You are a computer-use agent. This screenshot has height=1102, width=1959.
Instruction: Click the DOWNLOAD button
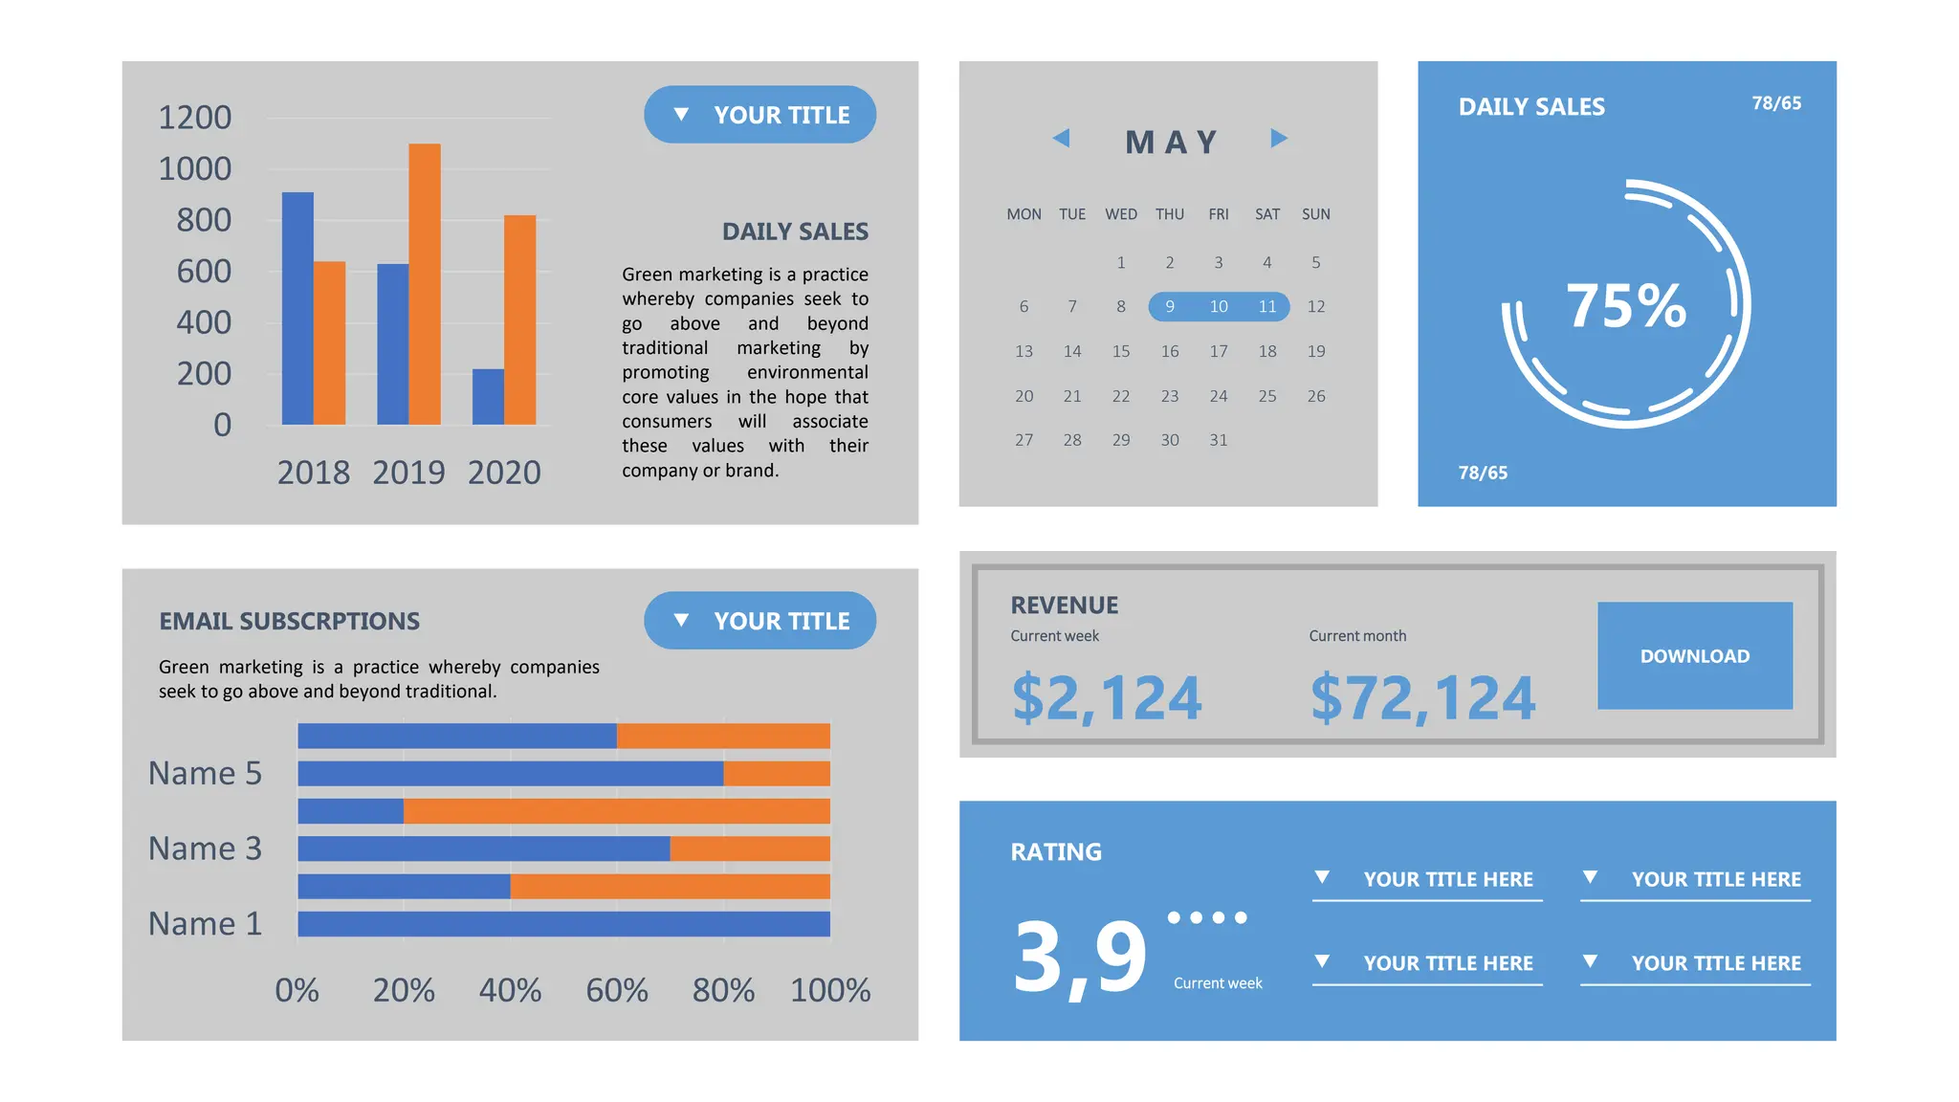1694,656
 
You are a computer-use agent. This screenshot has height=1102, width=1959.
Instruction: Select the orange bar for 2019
425,284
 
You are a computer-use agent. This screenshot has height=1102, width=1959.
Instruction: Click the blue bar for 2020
488,397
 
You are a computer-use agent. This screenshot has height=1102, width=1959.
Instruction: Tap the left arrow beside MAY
1061,138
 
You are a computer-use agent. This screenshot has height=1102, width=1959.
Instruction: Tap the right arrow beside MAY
1279,138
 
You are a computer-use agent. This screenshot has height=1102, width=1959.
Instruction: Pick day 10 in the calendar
1219,306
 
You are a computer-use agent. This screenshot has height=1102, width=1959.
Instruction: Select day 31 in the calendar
1219,440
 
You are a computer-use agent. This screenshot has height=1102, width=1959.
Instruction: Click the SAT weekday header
1267,214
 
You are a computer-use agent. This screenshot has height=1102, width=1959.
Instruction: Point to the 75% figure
1626,306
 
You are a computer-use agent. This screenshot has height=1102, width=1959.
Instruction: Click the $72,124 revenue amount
1422,697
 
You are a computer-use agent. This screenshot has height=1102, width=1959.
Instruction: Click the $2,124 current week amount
1107,697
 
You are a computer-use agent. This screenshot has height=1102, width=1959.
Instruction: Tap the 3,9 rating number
1080,956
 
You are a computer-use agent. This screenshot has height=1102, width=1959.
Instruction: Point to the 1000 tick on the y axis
195,169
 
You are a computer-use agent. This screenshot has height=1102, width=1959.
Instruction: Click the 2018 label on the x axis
314,473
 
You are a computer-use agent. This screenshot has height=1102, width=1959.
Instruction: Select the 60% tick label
617,990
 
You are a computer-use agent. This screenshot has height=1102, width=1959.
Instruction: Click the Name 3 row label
205,849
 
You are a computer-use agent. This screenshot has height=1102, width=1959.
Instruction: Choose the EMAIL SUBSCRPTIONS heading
289,622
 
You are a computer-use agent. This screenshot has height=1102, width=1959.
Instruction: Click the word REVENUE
1065,606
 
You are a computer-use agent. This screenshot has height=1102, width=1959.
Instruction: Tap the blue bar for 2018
297,308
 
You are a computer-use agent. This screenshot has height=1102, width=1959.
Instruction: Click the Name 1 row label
205,924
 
